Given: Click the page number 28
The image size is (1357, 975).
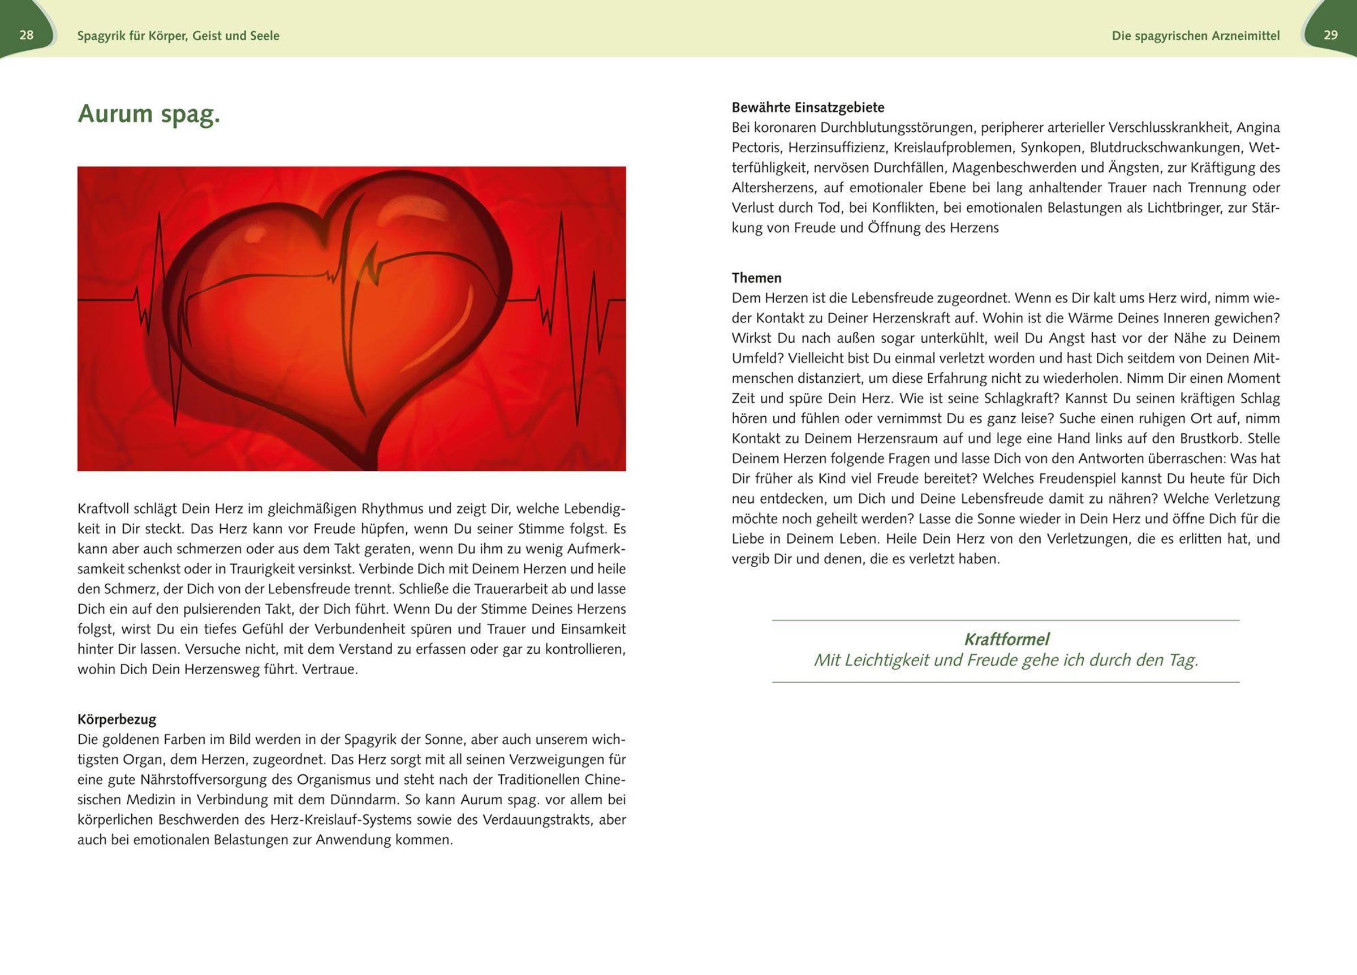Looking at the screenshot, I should click(x=27, y=35).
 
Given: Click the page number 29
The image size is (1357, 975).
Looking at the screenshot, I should click(x=1330, y=35).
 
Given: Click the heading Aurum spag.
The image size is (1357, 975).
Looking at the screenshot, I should click(x=149, y=114).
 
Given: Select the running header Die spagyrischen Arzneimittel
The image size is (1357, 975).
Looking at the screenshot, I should click(x=1195, y=36).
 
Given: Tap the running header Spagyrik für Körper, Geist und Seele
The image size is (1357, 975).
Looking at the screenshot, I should click(x=178, y=36).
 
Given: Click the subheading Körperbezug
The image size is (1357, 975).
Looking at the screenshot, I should click(x=117, y=719).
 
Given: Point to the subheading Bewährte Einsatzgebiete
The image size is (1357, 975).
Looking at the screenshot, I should click(x=808, y=107).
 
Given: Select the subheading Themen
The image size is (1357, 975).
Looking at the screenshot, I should click(x=756, y=278).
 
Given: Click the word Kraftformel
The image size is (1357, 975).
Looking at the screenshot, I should click(x=1006, y=640).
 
